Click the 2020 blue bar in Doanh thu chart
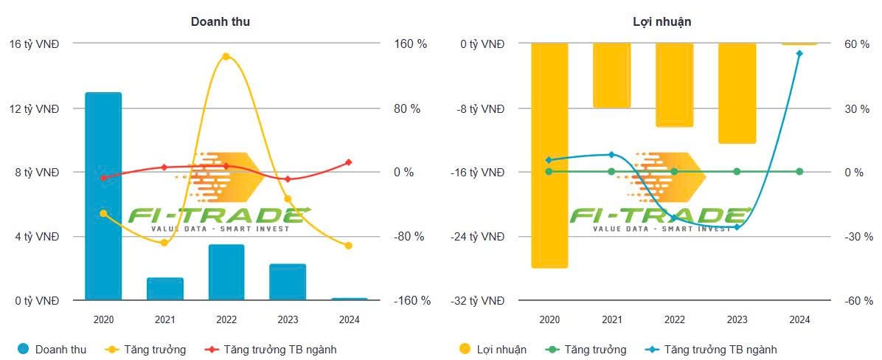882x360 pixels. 103,196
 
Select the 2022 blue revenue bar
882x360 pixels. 226,272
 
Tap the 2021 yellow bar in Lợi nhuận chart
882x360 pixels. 611,75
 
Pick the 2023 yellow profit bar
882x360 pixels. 737,93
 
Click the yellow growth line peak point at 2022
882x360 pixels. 226,57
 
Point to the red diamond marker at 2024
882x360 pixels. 349,162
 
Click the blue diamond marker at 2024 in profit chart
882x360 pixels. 799,53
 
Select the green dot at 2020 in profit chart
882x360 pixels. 549,172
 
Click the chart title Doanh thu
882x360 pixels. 220,22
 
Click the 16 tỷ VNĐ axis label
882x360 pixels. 35,44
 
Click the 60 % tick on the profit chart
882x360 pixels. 858,44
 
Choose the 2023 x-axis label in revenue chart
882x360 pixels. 288,320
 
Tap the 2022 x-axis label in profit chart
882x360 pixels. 674,320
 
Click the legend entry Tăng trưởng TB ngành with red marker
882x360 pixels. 280,350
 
